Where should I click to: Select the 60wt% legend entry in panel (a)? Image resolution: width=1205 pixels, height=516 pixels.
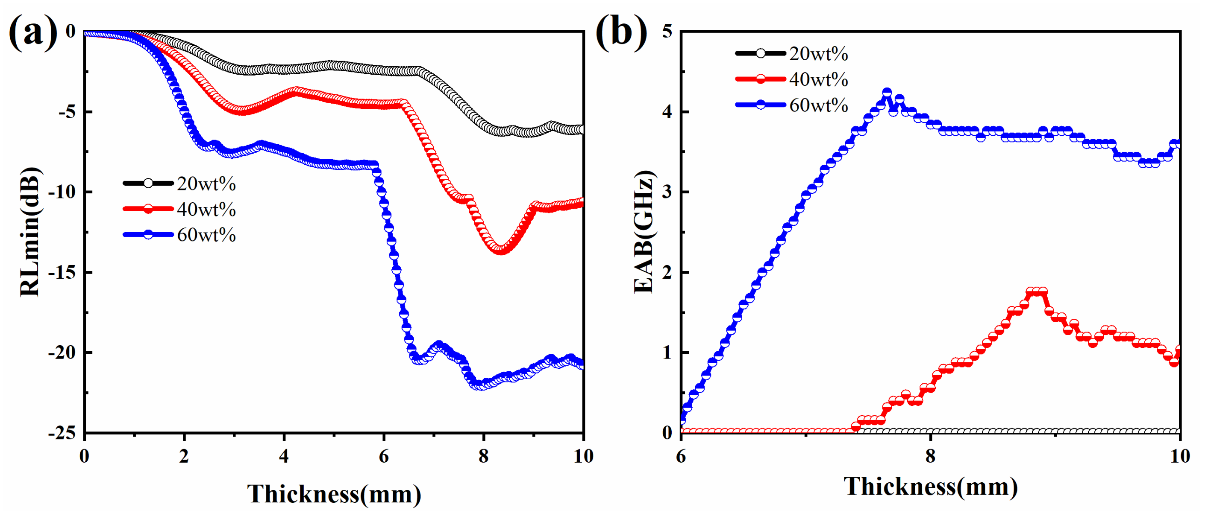206,235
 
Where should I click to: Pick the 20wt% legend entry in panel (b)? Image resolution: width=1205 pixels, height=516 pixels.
818,54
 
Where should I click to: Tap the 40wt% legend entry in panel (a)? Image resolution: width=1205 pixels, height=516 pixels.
206,209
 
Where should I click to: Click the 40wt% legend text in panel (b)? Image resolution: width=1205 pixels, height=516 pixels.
818,79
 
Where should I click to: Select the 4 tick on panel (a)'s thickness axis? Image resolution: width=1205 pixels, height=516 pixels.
283,456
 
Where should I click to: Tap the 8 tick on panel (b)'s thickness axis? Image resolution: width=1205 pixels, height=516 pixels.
930,456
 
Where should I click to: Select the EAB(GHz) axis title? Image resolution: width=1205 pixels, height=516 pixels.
644,232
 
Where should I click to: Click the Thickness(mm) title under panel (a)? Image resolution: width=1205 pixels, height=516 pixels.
334,494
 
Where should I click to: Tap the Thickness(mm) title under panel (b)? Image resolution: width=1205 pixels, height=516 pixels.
930,487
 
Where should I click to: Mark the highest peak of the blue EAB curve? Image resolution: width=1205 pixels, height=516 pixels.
886,93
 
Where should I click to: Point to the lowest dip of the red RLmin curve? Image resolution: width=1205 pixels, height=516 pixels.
500,250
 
